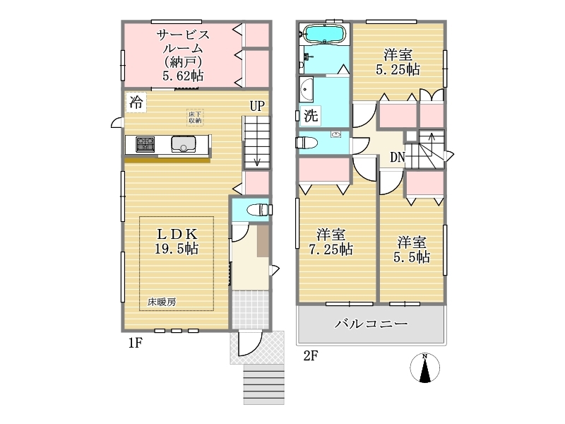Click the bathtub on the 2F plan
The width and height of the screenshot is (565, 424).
pyautogui.click(x=324, y=35)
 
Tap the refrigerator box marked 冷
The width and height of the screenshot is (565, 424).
pyautogui.click(x=136, y=102)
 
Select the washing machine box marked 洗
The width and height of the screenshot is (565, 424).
pyautogui.click(x=311, y=116)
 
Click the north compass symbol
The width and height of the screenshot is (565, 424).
pyautogui.click(x=425, y=368)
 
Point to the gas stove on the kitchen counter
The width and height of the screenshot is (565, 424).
pyautogui.click(x=145, y=145)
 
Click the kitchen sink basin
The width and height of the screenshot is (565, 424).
pyautogui.click(x=184, y=144)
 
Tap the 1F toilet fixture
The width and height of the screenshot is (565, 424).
pyautogui.click(x=259, y=209)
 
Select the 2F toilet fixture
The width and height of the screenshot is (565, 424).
pyautogui.click(x=307, y=143)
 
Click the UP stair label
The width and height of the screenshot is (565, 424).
pyautogui.click(x=257, y=106)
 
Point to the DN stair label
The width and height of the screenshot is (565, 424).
pyautogui.click(x=398, y=157)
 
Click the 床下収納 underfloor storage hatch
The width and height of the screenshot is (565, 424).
pyautogui.click(x=195, y=117)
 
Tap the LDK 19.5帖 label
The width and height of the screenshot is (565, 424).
pyautogui.click(x=177, y=242)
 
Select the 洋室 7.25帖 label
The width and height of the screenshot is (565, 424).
pyautogui.click(x=331, y=242)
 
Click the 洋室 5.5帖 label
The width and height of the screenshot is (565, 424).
pyautogui.click(x=412, y=249)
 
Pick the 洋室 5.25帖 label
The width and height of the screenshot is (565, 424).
pyautogui.click(x=398, y=62)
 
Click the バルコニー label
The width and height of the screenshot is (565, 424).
pyautogui.click(x=371, y=324)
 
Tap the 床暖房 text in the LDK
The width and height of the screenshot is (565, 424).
pyautogui.click(x=162, y=302)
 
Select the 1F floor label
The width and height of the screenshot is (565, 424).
pyautogui.click(x=136, y=343)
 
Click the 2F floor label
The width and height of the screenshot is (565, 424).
pyautogui.click(x=311, y=356)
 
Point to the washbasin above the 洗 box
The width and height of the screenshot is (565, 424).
pyautogui.click(x=307, y=89)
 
